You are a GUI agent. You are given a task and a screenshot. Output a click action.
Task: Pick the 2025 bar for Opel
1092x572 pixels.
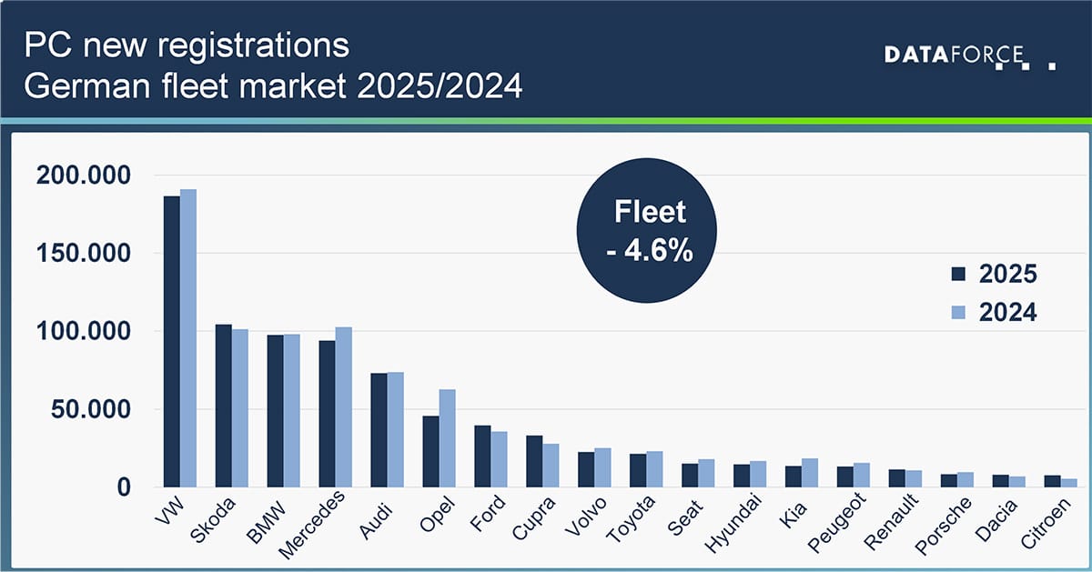tap(430, 451)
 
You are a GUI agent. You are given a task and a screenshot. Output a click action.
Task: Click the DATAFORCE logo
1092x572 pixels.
tap(968, 57)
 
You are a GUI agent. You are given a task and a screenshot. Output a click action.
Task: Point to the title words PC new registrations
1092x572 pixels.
tap(187, 45)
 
